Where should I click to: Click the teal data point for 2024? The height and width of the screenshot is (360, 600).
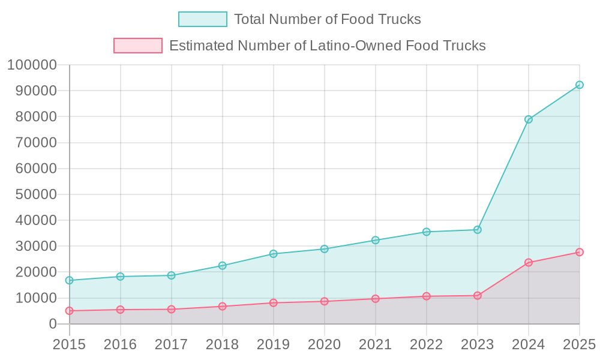pos(529,119)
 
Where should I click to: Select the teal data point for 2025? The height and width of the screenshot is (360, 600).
pos(580,85)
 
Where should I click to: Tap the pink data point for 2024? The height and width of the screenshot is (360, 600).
pos(529,262)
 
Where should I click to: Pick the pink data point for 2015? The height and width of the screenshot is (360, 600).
pos(70,311)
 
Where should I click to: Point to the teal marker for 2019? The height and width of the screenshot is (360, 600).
pos(274,254)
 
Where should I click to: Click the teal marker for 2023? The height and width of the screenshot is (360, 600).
pos(478,230)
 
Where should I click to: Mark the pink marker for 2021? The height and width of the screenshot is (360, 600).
pos(376,299)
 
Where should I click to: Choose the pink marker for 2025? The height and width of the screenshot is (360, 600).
pos(580,252)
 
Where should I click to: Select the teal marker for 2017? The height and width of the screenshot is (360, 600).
pos(172,275)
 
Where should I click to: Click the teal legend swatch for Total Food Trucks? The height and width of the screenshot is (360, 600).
pos(203,19)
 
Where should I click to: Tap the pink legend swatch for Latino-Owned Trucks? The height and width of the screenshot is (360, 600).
pos(138,46)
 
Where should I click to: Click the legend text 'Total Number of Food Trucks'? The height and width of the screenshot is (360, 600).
pos(327,19)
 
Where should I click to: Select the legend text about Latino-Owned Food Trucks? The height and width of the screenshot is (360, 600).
pos(327,46)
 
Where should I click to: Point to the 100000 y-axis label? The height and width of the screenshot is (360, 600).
pos(32,65)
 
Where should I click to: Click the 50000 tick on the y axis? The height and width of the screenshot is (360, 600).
pos(36,194)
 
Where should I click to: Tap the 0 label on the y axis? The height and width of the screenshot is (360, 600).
pos(53,324)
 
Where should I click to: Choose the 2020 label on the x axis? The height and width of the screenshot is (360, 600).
pos(325,344)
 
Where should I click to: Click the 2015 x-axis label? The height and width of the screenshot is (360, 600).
pos(70,344)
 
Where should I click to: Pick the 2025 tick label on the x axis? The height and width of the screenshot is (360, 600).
pos(579,344)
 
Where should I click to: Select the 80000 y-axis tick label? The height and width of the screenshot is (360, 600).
pos(36,116)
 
